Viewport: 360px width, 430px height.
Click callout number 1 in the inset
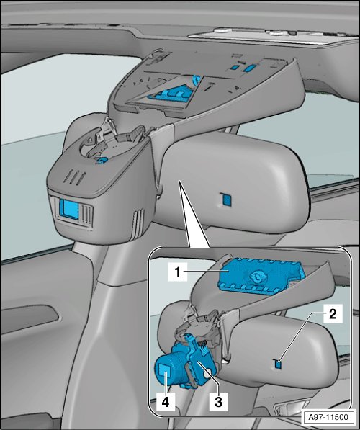(x=178, y=272)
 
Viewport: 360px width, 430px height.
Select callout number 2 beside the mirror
(x=333, y=313)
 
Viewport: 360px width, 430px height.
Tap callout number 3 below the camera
(x=218, y=402)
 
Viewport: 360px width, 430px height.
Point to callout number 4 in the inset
(x=166, y=402)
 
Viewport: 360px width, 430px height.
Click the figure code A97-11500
(x=328, y=417)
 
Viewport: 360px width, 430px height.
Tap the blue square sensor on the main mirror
(x=227, y=200)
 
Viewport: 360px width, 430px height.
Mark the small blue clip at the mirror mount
(x=102, y=161)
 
